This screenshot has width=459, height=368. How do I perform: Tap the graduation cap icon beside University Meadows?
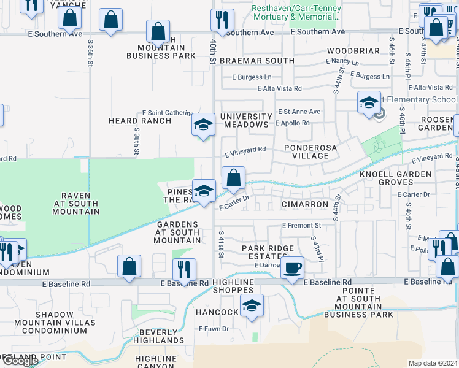click(x=203, y=125)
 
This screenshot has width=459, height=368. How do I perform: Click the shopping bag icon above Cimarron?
click(x=233, y=178)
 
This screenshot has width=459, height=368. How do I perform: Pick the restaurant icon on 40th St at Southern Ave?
click(x=222, y=20)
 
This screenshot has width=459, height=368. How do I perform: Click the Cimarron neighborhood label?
click(x=302, y=204)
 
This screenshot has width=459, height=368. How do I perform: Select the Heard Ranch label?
click(x=139, y=121)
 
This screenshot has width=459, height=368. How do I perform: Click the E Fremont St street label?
click(x=301, y=226)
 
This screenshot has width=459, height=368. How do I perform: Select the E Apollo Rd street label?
click(x=292, y=123)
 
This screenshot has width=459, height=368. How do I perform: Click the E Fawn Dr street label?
click(x=214, y=329)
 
